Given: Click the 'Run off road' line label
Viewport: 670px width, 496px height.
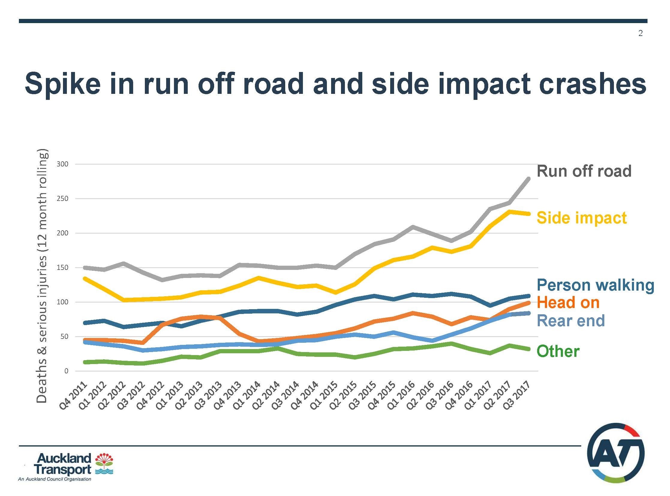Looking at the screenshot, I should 584,171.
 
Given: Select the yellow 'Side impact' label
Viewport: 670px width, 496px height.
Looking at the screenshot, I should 582,218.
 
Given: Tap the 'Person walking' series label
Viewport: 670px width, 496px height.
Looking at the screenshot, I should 595,285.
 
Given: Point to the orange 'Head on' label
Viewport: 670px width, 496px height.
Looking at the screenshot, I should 568,302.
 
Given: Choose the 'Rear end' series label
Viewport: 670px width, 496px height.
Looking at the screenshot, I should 571,321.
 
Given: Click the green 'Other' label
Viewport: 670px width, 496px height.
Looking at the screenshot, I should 558,351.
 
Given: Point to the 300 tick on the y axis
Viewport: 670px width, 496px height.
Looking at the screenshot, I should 62,164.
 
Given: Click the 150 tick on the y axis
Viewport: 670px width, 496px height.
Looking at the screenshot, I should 62,267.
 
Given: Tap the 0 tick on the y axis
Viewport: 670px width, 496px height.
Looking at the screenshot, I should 66,371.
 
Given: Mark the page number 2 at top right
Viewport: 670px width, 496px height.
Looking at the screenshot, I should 641,33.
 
